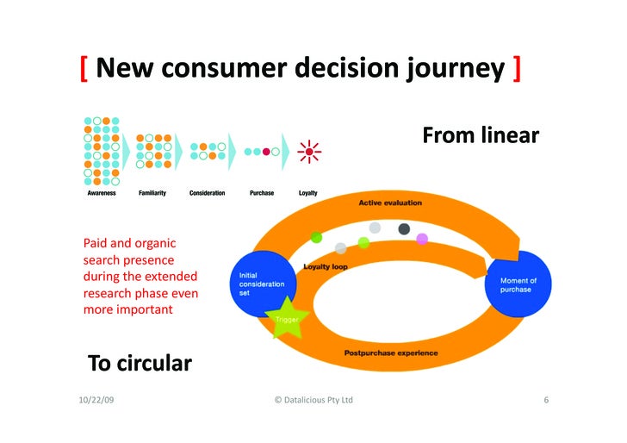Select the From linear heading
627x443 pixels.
tap(480, 135)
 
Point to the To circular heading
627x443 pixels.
tap(140, 363)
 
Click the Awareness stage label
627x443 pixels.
tap(102, 193)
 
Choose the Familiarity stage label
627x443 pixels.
tap(152, 193)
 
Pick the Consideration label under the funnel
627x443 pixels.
tap(208, 193)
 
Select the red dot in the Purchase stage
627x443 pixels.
tap(267, 152)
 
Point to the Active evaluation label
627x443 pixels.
tap(390, 203)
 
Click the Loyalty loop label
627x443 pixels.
tap(326, 266)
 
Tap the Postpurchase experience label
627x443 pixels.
tap(391, 353)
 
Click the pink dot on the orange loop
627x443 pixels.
tap(422, 239)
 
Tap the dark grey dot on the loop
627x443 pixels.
tap(404, 228)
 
